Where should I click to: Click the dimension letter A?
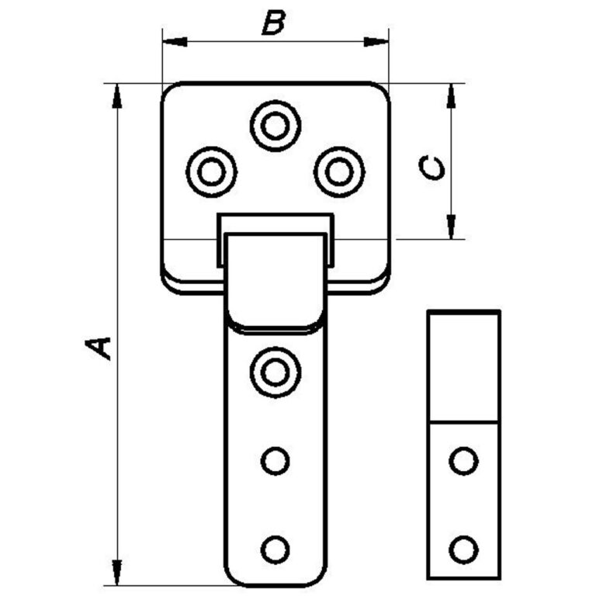tap(99, 347)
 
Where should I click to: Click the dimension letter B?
tap(272, 23)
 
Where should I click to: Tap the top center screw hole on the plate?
tap(275, 125)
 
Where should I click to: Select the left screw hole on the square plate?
tap(211, 172)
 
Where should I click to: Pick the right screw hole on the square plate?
tap(339, 172)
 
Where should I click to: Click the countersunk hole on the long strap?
tap(275, 372)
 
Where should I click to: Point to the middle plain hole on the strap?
tap(275, 461)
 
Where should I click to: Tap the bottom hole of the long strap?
tap(275, 549)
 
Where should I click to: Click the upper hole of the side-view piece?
tap(464, 461)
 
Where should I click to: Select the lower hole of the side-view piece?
tap(464, 549)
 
